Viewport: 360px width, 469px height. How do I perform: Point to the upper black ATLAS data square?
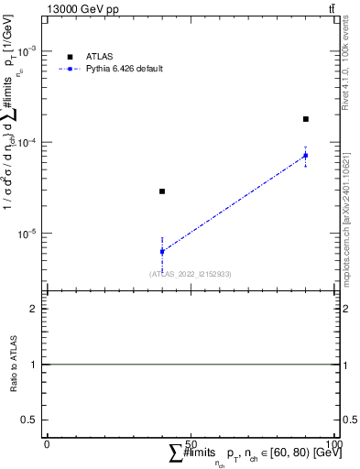click(306, 119)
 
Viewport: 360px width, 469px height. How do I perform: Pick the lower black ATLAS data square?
click(162, 191)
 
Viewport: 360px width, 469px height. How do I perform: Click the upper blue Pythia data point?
click(306, 156)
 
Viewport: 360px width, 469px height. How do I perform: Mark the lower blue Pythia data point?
click(162, 251)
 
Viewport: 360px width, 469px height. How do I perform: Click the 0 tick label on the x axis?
click(47, 443)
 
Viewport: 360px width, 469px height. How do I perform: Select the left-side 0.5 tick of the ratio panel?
click(30, 420)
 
